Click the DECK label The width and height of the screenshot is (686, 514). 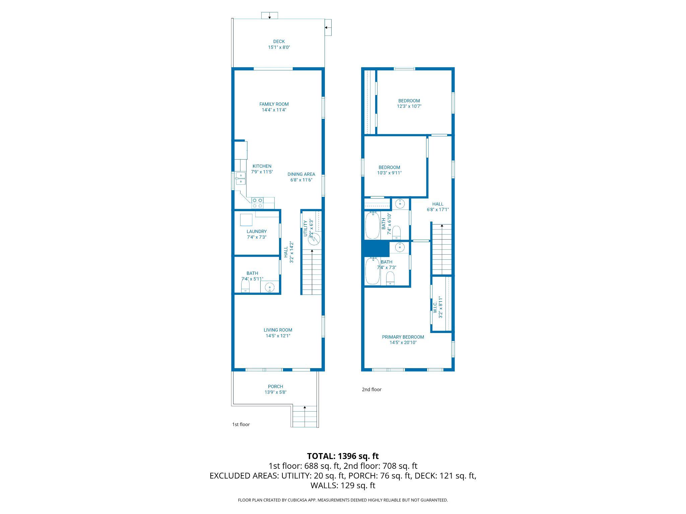[279, 41]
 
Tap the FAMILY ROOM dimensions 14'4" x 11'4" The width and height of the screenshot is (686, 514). [274, 110]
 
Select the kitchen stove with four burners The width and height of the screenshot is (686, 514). [257, 203]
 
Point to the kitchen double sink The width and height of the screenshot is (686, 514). [241, 178]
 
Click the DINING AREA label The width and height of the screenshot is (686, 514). [301, 174]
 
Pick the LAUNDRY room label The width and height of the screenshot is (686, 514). [257, 231]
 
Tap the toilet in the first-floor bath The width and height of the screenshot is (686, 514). [246, 286]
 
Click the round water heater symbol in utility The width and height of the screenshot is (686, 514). [314, 238]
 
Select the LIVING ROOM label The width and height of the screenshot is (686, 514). [278, 330]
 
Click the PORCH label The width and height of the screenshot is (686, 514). [275, 386]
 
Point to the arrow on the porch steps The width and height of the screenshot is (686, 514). [304, 407]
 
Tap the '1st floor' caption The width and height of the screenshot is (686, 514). [241, 424]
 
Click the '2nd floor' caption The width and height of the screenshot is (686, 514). [371, 389]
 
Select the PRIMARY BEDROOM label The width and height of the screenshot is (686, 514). [403, 337]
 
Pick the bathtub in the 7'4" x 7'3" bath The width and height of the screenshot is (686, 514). [371, 270]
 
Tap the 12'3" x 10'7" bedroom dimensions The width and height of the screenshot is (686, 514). [409, 106]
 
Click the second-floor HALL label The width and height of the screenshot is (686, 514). [437, 204]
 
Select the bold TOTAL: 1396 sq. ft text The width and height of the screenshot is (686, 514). [343, 456]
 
